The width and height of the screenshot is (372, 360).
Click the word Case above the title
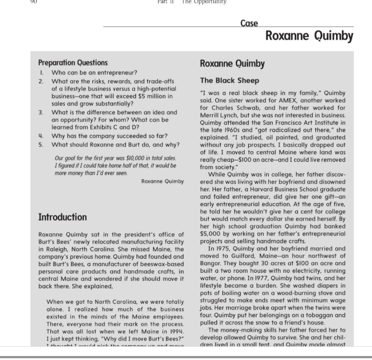[249, 23]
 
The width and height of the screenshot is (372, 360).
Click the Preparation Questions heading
[73, 63]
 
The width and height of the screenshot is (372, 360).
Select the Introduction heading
[63, 217]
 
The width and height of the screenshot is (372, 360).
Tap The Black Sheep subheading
[229, 81]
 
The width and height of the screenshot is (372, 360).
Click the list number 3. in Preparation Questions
[41, 112]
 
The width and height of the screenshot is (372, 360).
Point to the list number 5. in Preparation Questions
[41, 144]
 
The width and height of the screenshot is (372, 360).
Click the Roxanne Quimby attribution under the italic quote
[162, 181]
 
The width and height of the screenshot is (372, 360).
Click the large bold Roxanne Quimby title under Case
[309, 36]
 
